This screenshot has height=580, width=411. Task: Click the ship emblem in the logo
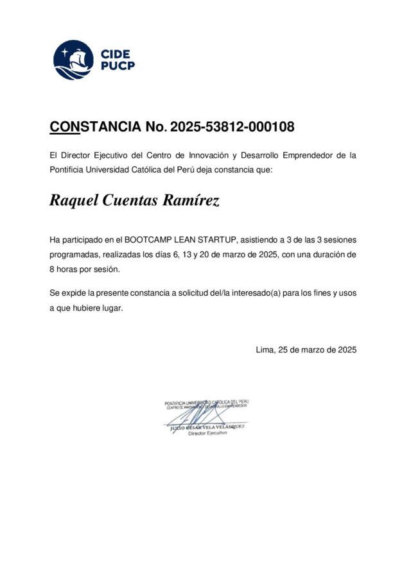pyautogui.click(x=73, y=60)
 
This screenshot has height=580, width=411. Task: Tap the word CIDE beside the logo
pyautogui.click(x=115, y=54)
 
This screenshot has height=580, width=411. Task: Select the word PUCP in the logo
pyautogui.click(x=118, y=65)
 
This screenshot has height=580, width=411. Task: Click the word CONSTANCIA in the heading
pyautogui.click(x=95, y=127)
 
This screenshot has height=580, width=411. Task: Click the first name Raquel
pyautogui.click(x=73, y=201)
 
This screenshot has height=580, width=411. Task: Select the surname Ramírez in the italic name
pyautogui.click(x=191, y=201)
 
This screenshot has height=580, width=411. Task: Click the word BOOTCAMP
pyautogui.click(x=150, y=240)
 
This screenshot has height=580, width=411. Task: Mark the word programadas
pyautogui.click(x=75, y=255)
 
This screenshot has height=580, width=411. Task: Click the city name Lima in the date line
pyautogui.click(x=264, y=350)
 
